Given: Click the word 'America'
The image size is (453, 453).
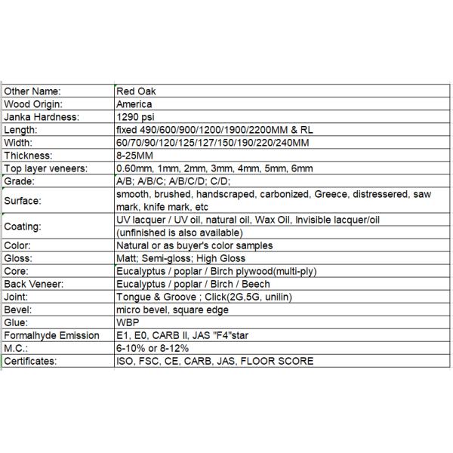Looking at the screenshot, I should (x=134, y=103).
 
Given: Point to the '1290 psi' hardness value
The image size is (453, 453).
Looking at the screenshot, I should (x=137, y=117).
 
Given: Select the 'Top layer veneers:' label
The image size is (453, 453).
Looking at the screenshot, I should (x=45, y=168).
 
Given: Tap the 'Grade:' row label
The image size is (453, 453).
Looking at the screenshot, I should (x=20, y=182).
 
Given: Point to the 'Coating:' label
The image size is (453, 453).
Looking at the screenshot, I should (x=23, y=226).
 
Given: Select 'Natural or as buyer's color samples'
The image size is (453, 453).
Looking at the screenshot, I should (x=195, y=245).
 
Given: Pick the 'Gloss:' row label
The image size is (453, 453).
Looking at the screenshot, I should (x=20, y=258).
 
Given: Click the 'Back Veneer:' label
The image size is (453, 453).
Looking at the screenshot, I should (x=33, y=284).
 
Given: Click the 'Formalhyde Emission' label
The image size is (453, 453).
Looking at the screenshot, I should (x=51, y=335).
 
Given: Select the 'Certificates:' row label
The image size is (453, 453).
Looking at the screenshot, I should (x=31, y=361).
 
